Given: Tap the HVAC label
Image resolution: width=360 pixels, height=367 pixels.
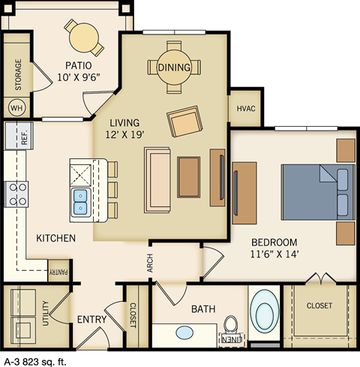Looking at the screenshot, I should click(x=247, y=109).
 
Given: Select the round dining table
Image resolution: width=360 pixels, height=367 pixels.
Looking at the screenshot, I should click(x=174, y=67).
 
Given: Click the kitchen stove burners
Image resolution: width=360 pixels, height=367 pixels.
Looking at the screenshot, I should click(x=16, y=194).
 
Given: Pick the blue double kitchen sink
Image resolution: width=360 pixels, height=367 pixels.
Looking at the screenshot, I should click(x=81, y=201).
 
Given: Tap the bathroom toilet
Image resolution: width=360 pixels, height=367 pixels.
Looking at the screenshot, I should click(x=232, y=327).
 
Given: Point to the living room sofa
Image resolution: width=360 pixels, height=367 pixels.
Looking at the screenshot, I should click(x=157, y=180).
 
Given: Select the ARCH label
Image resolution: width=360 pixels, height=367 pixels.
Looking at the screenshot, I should click(x=148, y=263).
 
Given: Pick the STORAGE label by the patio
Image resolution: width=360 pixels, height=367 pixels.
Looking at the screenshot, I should click(x=16, y=73).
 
